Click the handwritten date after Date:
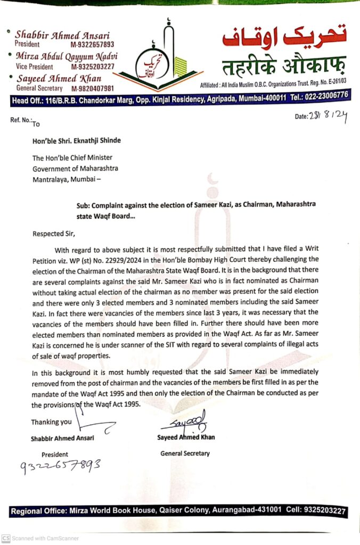point(327,118)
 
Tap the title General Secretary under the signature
point(185,453)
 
